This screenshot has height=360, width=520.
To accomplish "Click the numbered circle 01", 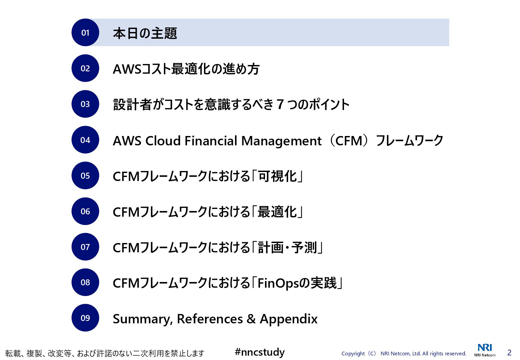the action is tap(85, 32).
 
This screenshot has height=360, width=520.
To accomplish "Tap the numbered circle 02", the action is tap(85, 68).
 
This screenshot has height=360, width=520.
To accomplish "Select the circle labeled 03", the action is tap(85, 104).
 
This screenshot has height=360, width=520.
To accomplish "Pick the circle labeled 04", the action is tap(85, 140).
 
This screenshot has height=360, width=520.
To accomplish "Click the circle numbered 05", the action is tap(85, 175).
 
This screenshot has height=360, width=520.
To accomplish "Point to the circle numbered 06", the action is tap(85, 211).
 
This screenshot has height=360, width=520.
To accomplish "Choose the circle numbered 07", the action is tap(85, 247).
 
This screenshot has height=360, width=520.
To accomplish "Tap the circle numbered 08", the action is tap(85, 282).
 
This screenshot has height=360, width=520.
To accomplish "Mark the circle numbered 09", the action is tap(85, 318).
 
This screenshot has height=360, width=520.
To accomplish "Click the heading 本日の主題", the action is tap(145, 33).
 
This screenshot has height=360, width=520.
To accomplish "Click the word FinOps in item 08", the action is tap(278, 284).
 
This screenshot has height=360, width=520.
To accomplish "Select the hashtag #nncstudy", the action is tap(260, 352).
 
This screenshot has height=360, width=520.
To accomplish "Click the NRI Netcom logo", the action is tap(485, 350).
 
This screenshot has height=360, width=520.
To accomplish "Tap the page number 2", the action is tap(509, 353).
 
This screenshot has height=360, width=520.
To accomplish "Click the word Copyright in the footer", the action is tap(353, 354).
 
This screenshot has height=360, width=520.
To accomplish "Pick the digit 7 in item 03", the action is tap(280, 105).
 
